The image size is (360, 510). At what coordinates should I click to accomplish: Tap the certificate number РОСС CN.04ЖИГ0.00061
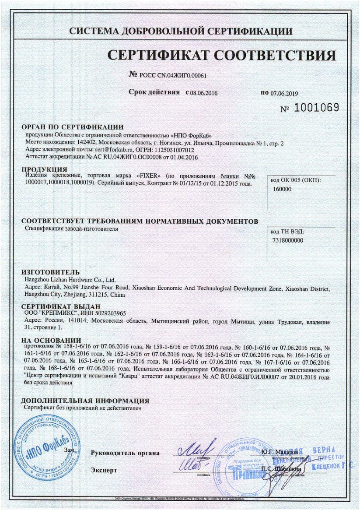click(x=172, y=75)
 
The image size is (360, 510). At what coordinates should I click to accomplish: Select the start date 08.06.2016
click(x=204, y=93)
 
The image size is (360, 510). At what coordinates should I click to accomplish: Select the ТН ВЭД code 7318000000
click(x=288, y=240)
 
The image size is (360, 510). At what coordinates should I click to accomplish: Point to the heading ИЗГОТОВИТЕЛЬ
click(x=51, y=272)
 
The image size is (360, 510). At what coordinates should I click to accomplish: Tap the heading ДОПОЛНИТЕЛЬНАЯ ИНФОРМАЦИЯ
click(x=85, y=401)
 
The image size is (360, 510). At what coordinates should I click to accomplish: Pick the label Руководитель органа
click(x=125, y=453)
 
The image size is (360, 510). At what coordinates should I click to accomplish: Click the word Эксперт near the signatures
click(x=104, y=470)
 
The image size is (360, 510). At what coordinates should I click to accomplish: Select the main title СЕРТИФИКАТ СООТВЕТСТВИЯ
click(x=222, y=56)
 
